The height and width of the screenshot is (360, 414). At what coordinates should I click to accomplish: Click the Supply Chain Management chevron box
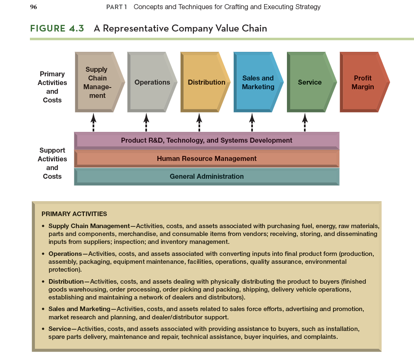click(x=98, y=82)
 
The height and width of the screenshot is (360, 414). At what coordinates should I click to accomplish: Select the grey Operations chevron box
click(x=151, y=82)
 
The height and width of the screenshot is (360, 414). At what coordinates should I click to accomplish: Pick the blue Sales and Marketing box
click(x=257, y=82)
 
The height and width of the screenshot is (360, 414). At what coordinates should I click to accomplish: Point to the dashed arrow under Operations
click(x=146, y=122)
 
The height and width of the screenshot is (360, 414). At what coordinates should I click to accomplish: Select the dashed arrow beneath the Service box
click(x=305, y=122)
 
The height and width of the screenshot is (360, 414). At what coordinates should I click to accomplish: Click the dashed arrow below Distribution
click(x=199, y=122)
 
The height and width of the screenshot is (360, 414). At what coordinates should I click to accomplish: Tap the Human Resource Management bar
click(x=206, y=158)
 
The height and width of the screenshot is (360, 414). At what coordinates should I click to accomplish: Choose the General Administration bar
click(x=206, y=176)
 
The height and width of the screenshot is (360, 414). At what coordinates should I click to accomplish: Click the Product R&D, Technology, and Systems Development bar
click(x=206, y=141)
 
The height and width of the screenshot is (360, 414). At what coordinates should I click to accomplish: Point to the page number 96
click(x=34, y=7)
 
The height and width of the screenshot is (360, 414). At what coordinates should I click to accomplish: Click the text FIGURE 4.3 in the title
click(x=57, y=28)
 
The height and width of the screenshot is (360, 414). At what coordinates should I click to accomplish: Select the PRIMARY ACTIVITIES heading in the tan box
click(x=74, y=214)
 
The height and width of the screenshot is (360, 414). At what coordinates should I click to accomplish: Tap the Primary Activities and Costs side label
click(x=52, y=87)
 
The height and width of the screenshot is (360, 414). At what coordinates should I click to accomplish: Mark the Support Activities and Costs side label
click(x=52, y=163)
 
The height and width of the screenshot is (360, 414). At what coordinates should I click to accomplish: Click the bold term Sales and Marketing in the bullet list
click(x=79, y=309)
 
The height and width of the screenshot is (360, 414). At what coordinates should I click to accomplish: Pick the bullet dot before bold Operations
click(x=43, y=254)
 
